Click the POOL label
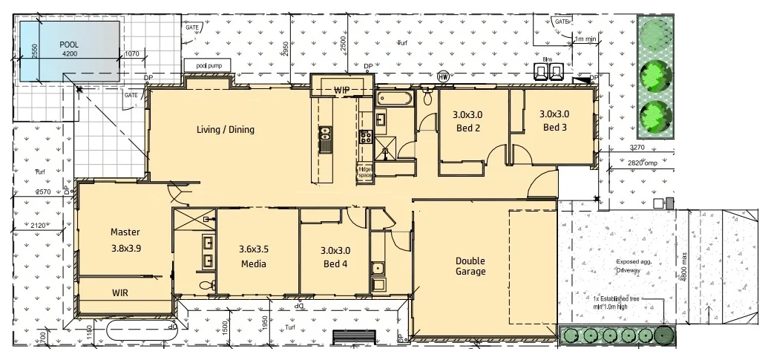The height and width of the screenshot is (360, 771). pos(69,44)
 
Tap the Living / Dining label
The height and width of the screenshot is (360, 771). pos(225,130)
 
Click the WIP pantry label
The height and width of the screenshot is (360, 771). pos(341,90)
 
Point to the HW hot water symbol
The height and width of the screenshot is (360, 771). pos(444,76)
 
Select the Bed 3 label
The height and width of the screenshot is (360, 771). pos(555,120)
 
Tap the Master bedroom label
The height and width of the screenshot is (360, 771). pos(125,240)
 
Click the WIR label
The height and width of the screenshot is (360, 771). pos(120,293)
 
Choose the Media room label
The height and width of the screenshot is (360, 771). pos(253,257)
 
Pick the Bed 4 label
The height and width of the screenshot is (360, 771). pos(335,257)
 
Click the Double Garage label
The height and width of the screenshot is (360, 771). pos(470,266)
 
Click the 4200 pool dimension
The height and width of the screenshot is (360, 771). pos(69,54)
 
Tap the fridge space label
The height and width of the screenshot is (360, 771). pos(365,171)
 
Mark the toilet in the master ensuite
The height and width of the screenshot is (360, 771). pos(206,285)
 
